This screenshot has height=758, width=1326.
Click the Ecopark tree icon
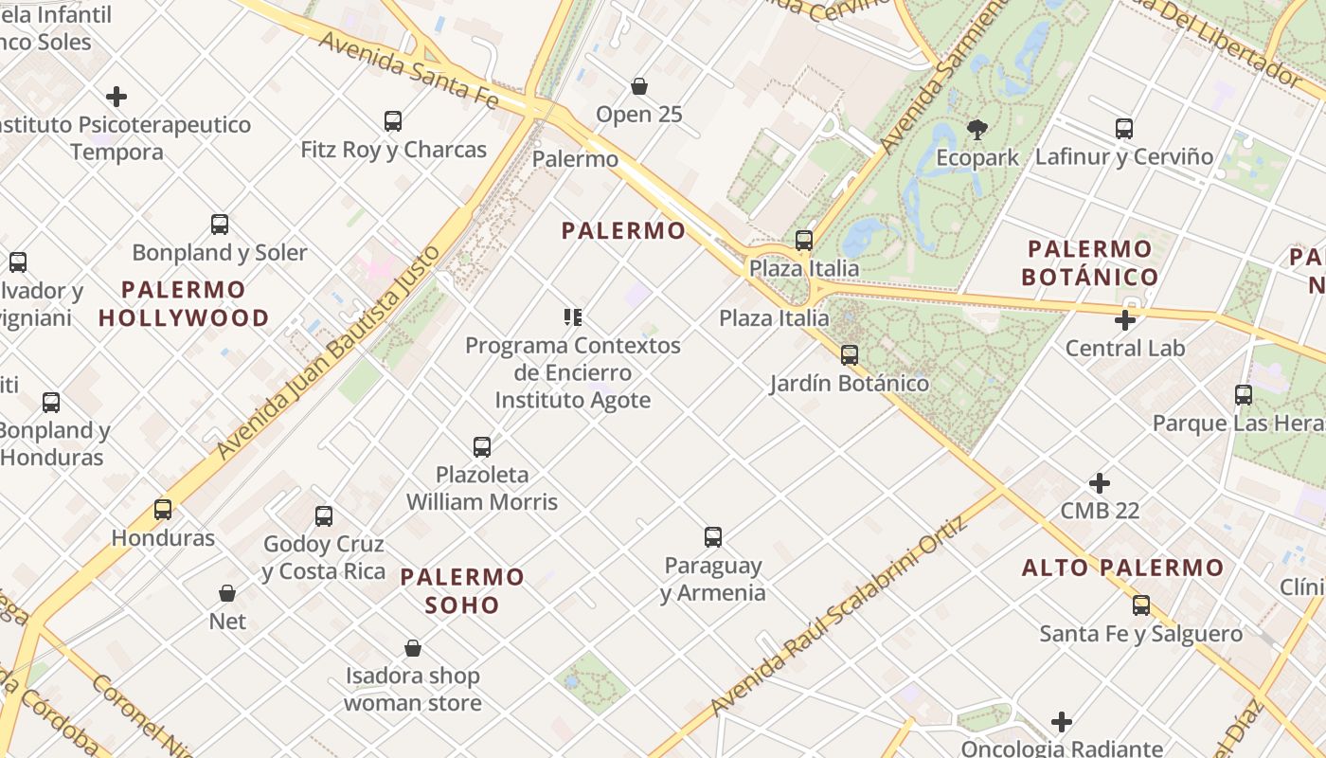pyautogui.click(x=977, y=129)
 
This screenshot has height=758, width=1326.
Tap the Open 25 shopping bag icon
pyautogui.click(x=639, y=86)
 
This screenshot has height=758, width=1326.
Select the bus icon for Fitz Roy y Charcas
pyautogui.click(x=393, y=121)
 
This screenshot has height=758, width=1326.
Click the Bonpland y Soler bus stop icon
pyautogui.click(x=220, y=225)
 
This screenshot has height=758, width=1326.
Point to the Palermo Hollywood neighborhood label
pyautogui.click(x=184, y=303)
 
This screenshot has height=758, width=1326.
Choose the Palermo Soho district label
pyautogui.click(x=462, y=590)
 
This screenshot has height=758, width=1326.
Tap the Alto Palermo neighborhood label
pyautogui.click(x=1122, y=568)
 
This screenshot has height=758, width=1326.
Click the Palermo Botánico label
pyautogui.click(x=1090, y=263)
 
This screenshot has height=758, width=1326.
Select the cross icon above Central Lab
pyautogui.click(x=1125, y=320)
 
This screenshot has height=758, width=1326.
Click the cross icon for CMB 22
pyautogui.click(x=1100, y=483)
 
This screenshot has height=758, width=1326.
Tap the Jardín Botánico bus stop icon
pyautogui.click(x=850, y=355)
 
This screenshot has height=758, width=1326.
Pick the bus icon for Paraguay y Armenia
pyautogui.click(x=713, y=537)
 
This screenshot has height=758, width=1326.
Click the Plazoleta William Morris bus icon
pyautogui.click(x=482, y=446)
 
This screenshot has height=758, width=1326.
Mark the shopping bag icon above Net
pyautogui.click(x=227, y=593)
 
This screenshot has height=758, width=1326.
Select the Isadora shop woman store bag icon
pyautogui.click(x=413, y=648)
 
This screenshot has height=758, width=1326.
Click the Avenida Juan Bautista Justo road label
pyautogui.click(x=330, y=352)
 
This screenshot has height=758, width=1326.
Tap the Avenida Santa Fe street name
pyautogui.click(x=407, y=70)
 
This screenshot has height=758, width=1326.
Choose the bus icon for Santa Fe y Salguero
pyautogui.click(x=1141, y=605)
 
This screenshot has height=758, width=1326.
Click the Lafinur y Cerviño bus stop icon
pyautogui.click(x=1124, y=129)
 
